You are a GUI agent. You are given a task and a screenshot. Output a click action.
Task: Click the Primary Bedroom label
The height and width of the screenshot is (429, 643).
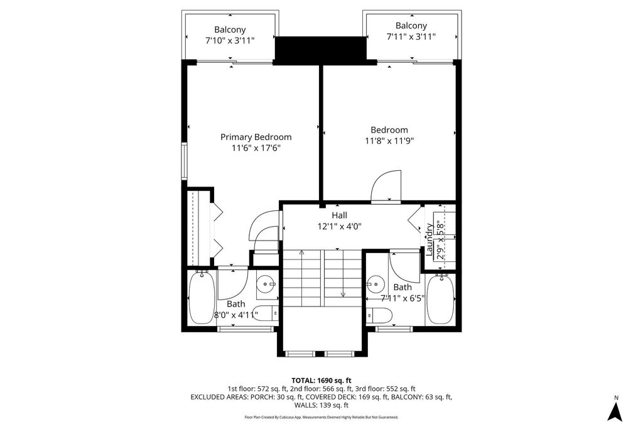pyautogui.click(x=256, y=137)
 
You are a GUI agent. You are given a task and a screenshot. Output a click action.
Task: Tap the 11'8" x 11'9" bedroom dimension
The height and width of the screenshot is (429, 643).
pyautogui.click(x=389, y=141)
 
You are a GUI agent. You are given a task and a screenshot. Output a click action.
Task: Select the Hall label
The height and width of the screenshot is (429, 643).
pyautogui.click(x=340, y=215)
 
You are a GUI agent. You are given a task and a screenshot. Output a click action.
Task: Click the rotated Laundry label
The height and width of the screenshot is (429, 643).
pyautogui.click(x=430, y=239)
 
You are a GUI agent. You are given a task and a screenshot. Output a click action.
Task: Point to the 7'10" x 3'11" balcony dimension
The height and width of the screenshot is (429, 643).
pyautogui.click(x=230, y=41)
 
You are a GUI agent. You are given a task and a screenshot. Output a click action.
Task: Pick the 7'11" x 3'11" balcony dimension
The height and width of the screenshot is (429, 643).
pyautogui.click(x=411, y=36)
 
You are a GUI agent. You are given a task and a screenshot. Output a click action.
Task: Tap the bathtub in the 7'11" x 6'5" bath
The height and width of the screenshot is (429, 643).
pyautogui.click(x=440, y=300)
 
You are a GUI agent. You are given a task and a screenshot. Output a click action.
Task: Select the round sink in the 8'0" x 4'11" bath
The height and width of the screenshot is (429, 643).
pyautogui.click(x=268, y=283)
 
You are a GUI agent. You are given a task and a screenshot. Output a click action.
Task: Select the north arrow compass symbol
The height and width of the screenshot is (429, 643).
pyautogui.click(x=615, y=412)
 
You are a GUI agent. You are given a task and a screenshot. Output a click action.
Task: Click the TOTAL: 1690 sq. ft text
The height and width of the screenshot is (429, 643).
pyautogui.click(x=321, y=381)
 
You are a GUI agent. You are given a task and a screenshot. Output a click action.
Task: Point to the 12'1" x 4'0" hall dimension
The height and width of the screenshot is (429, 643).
pyautogui.click(x=340, y=226)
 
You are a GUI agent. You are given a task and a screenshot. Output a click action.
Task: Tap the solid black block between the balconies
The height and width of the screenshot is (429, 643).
pyautogui.click(x=320, y=50)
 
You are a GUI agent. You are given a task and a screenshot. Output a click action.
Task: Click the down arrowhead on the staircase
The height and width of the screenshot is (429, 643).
pyautogui.click(x=343, y=294)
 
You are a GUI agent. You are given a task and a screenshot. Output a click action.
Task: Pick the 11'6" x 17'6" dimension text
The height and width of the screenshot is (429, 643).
pyautogui.click(x=256, y=148)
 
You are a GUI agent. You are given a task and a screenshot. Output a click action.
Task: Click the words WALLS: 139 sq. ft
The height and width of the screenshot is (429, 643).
pyautogui.click(x=321, y=405)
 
